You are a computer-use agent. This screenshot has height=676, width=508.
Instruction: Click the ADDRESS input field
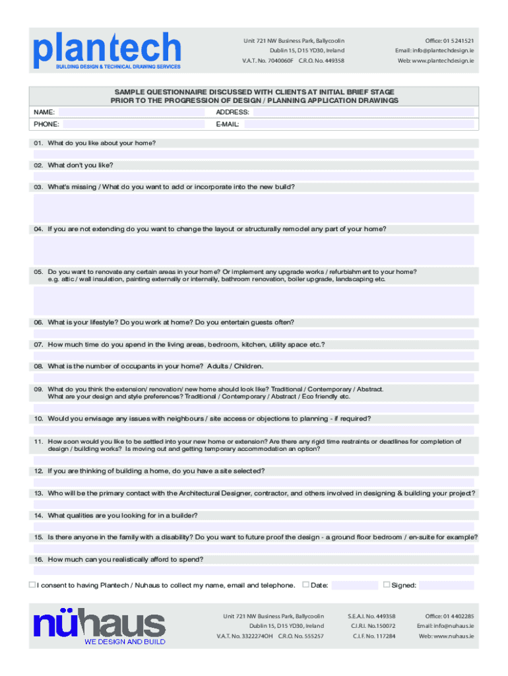[x=363, y=112]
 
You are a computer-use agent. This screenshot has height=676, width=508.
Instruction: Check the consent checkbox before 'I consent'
[x=32, y=584]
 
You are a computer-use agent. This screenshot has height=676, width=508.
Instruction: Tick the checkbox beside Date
[x=305, y=584]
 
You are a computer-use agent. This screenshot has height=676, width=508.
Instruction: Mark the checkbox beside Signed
[x=387, y=584]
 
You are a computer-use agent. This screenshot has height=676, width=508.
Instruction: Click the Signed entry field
[x=446, y=585]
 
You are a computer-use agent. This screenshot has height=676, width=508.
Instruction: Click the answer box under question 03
[x=253, y=208]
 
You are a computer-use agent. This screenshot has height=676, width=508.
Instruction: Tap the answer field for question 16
[x=253, y=570]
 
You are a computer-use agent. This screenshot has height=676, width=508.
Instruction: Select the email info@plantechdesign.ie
[x=435, y=51]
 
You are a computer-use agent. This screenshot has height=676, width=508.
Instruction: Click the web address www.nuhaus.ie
[x=446, y=636]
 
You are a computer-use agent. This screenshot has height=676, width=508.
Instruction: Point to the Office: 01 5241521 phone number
[x=449, y=41]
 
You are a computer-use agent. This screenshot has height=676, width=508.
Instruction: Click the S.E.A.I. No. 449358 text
[x=371, y=616]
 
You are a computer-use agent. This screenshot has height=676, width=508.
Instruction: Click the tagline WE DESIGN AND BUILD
[x=125, y=641]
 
